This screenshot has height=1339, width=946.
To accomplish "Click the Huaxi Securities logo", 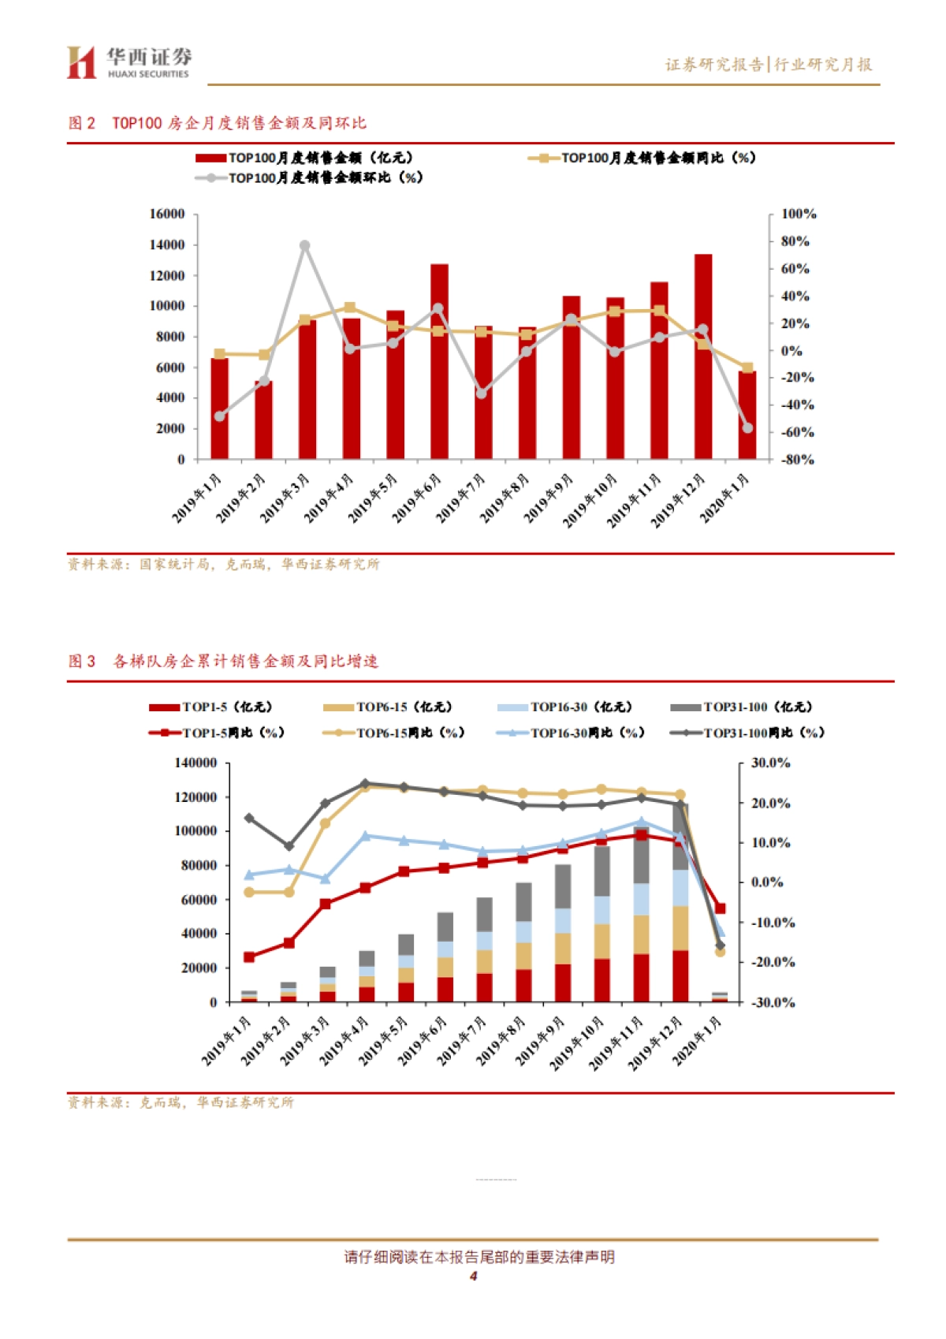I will coord(128,62).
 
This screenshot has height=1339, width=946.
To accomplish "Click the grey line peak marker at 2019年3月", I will coord(305,246).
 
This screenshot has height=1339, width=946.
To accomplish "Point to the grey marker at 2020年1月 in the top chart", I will coord(747,428).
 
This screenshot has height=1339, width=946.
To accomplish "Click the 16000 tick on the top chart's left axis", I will coord(167,214).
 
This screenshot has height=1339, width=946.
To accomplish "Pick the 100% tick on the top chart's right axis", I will coord(798,214).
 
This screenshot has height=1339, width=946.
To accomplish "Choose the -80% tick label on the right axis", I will coord(797,460).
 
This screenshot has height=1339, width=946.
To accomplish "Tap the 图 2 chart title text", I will coord(217,123).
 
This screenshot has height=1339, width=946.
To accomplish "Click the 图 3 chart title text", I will coord(222,661).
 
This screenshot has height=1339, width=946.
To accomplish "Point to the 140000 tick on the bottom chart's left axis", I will coord(196,763).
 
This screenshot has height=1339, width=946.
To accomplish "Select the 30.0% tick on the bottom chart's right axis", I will coord(770,763).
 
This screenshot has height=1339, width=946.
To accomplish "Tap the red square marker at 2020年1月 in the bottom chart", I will coord(720,908).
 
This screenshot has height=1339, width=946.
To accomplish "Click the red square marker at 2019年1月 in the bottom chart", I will coord(249,957).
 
